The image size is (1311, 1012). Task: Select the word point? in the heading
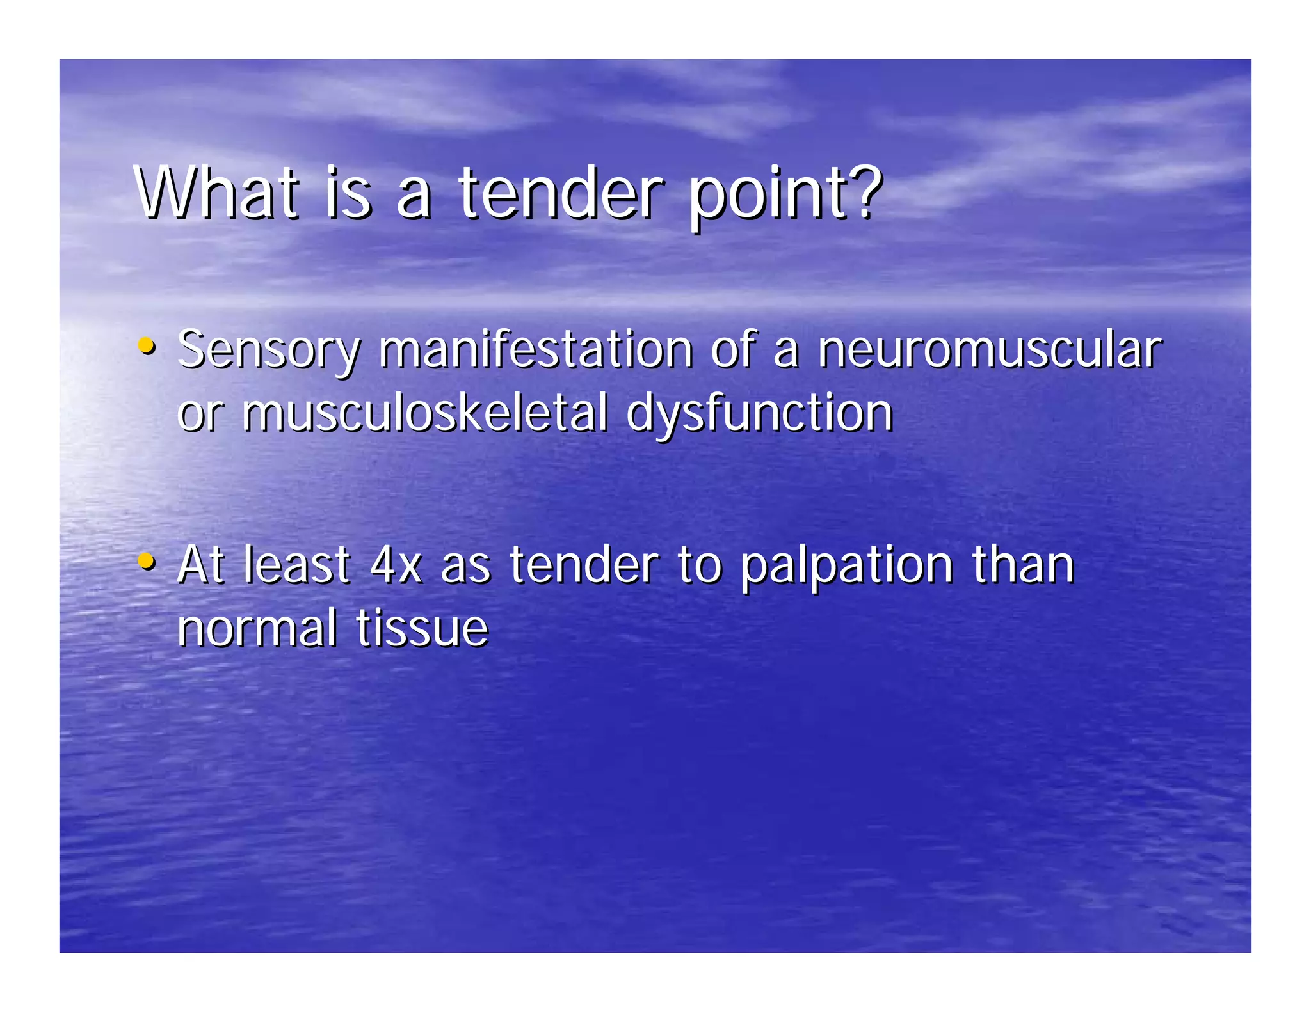pos(785,193)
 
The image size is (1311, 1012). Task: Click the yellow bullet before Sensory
pos(147,346)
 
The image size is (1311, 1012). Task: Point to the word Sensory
pos(269,351)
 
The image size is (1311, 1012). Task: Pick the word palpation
pos(847,566)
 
